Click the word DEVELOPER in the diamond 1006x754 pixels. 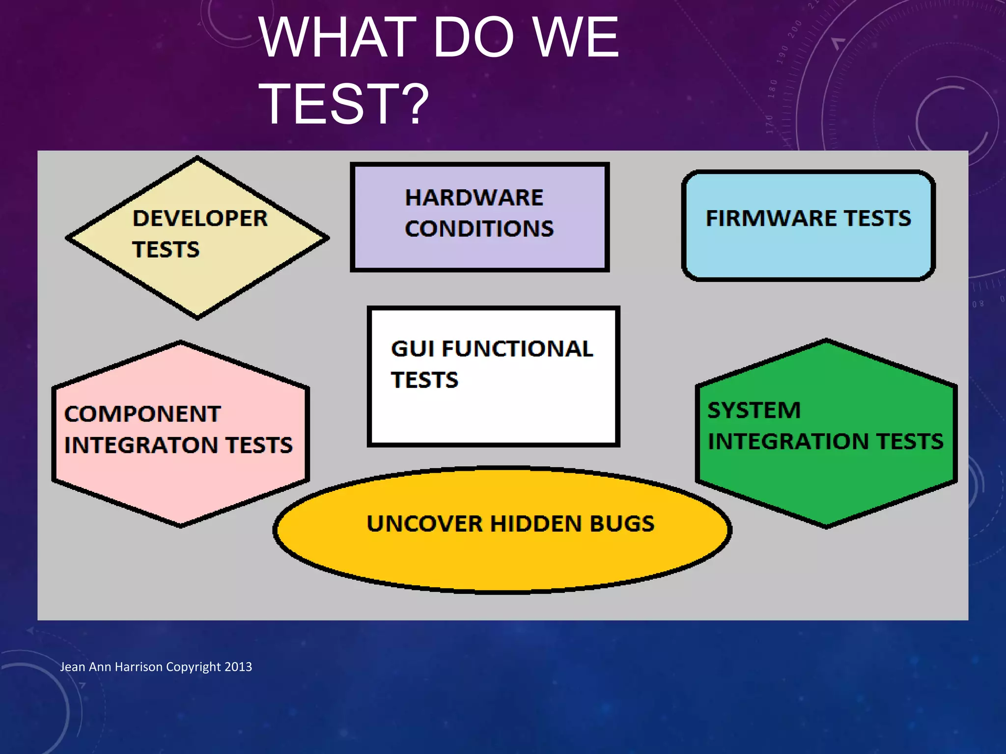pyautogui.click(x=200, y=218)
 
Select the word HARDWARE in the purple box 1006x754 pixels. pyautogui.click(x=474, y=198)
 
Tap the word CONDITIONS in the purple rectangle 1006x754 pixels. pyautogui.click(x=479, y=229)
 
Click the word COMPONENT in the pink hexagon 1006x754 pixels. pyautogui.click(x=142, y=414)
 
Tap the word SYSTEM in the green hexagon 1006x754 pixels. pyautogui.click(x=754, y=410)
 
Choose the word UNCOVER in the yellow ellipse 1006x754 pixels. pyautogui.click(x=425, y=524)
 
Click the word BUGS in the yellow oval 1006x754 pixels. pyautogui.click(x=622, y=524)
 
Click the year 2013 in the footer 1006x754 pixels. pyautogui.click(x=238, y=667)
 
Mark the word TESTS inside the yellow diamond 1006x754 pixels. pyautogui.click(x=166, y=250)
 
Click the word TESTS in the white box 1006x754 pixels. pyautogui.click(x=424, y=380)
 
